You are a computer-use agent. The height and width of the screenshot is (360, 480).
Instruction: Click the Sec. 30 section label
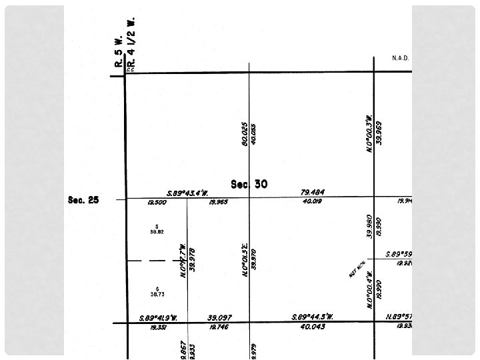(x=249, y=184)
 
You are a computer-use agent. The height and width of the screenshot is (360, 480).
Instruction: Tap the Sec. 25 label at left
(x=83, y=199)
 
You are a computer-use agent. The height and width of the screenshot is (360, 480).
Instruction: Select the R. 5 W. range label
(x=118, y=51)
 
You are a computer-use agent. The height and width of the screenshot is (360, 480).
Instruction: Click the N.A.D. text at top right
(x=400, y=59)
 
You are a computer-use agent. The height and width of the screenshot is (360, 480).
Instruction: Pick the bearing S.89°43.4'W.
(x=188, y=193)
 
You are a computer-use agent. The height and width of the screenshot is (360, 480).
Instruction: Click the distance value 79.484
(x=313, y=193)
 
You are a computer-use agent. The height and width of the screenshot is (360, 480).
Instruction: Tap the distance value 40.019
(x=312, y=201)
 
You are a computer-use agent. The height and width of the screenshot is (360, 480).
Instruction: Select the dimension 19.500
(x=157, y=202)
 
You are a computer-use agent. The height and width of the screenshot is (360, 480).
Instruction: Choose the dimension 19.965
(x=218, y=201)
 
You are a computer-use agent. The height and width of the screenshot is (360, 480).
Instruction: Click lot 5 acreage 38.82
(x=157, y=230)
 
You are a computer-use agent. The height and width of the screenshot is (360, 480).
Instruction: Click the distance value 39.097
(x=220, y=318)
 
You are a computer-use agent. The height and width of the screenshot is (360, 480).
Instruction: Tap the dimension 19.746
(x=219, y=327)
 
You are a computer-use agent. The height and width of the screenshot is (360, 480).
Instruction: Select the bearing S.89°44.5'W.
(x=312, y=317)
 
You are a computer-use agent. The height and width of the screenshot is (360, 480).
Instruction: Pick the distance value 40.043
(x=312, y=327)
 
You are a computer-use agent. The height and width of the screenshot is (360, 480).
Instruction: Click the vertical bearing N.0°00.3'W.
(x=369, y=134)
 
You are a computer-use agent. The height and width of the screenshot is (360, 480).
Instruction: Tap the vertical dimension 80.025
(x=245, y=133)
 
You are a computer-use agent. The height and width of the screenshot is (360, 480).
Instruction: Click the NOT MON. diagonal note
(x=357, y=269)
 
